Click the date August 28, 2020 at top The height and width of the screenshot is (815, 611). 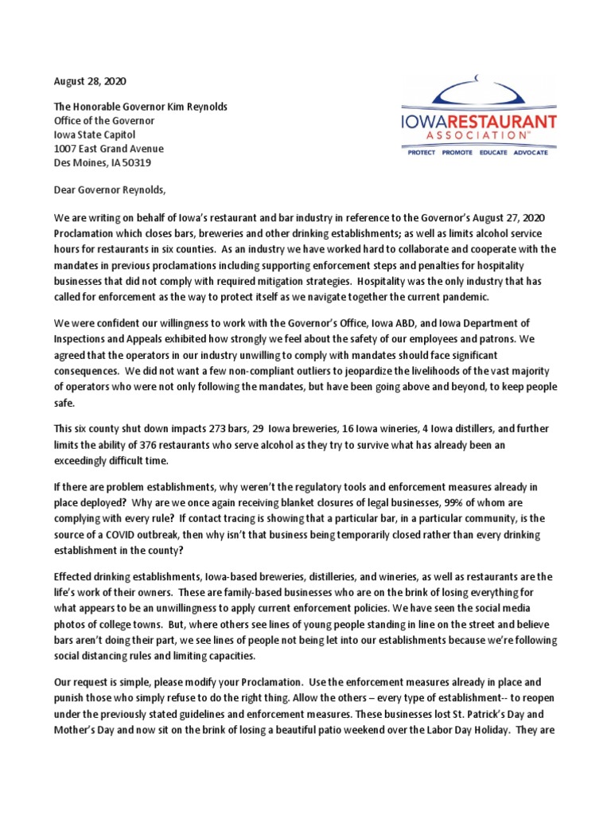89,81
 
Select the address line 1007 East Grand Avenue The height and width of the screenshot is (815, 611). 108,149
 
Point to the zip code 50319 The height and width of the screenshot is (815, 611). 137,162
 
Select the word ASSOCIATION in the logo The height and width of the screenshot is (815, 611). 478,137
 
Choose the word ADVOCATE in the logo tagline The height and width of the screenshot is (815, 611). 531,152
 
